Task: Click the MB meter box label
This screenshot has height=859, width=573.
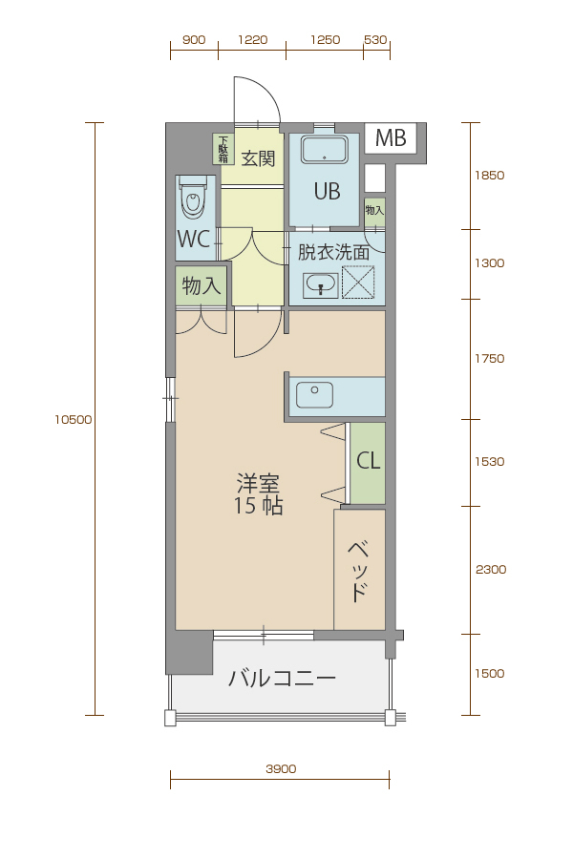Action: (x=391, y=138)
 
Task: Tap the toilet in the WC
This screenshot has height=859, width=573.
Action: (x=192, y=198)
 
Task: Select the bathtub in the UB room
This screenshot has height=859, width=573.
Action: (x=324, y=150)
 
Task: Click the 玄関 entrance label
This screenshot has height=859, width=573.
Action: (x=258, y=158)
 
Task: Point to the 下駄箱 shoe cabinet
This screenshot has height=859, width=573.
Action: (x=223, y=150)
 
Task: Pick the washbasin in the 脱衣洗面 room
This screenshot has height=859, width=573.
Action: (x=321, y=284)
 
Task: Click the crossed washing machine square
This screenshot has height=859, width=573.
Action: (x=358, y=283)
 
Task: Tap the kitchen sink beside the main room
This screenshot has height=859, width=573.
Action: (x=315, y=395)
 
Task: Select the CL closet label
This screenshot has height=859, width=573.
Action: (x=368, y=461)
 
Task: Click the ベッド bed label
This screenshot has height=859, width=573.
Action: (x=358, y=572)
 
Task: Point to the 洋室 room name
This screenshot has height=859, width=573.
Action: (x=258, y=483)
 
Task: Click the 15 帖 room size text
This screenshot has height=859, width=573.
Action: (x=258, y=506)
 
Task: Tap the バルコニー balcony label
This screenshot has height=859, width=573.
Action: (x=282, y=679)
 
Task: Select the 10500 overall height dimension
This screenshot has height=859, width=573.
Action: (x=74, y=420)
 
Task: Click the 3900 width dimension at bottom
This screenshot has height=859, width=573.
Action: (x=281, y=768)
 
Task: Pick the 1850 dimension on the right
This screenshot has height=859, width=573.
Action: (x=489, y=176)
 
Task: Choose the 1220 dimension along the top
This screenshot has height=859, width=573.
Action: (x=253, y=40)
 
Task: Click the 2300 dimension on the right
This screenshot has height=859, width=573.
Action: (x=490, y=570)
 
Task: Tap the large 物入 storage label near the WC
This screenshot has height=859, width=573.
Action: (x=201, y=285)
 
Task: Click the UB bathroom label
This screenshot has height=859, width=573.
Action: (x=327, y=191)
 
